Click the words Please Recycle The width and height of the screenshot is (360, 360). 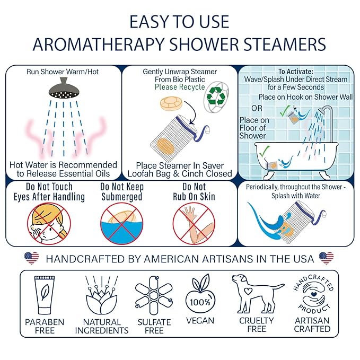click(179, 87)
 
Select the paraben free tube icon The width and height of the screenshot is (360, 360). click(44, 295)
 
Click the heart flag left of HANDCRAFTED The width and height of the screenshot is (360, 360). click(32, 259)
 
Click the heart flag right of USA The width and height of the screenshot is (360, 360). click(327, 259)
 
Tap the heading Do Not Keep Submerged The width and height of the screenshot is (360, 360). click(122, 192)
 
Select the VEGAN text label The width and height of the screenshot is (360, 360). click(200, 320)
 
